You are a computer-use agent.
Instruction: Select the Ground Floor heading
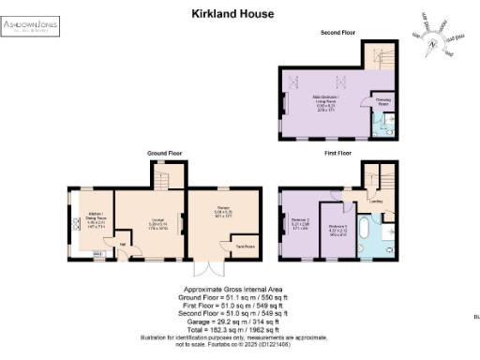tap(164, 152)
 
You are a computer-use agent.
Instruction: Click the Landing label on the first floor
tap(376, 199)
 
